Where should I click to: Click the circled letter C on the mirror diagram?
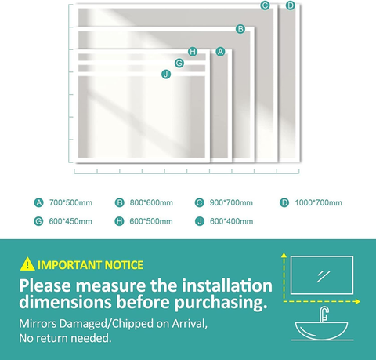click(x=266, y=6)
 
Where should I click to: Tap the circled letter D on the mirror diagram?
click(x=291, y=6)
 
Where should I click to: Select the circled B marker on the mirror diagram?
click(x=240, y=29)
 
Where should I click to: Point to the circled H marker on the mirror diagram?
click(x=193, y=52)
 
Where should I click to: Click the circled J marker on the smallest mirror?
click(x=166, y=74)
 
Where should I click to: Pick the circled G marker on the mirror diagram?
click(x=179, y=63)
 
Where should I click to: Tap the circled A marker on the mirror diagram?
click(x=220, y=52)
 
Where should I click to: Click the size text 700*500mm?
click(x=70, y=203)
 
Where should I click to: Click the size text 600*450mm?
click(x=70, y=222)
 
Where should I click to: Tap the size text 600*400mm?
click(x=231, y=222)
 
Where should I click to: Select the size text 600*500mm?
click(x=150, y=222)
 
